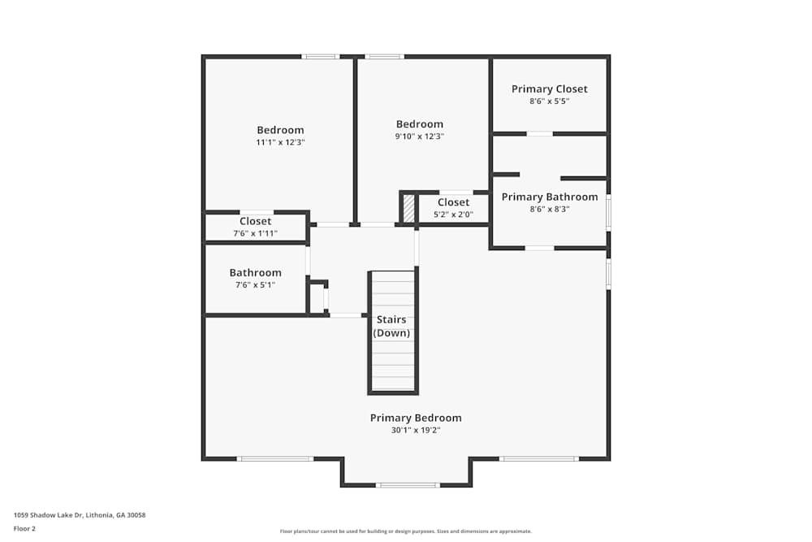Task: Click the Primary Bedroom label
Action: [416, 418]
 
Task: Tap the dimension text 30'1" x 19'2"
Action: [416, 431]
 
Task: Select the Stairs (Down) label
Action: [391, 326]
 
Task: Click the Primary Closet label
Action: [549, 89]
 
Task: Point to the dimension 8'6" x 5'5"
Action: [549, 102]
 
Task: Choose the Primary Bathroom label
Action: [549, 197]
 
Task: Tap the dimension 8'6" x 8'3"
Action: [549, 209]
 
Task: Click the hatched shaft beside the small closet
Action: [408, 208]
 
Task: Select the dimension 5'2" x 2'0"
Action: [453, 215]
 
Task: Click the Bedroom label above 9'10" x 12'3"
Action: [420, 124]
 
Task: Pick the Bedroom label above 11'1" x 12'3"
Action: [280, 130]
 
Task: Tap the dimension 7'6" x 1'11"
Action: [255, 233]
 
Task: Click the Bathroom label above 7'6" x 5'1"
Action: [255, 273]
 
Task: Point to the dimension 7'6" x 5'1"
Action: [255, 285]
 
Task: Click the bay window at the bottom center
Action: [408, 485]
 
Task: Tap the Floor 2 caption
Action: [24, 528]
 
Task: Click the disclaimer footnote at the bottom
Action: [406, 531]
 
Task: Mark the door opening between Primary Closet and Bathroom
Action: [540, 133]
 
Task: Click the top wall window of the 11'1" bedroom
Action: [321, 56]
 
